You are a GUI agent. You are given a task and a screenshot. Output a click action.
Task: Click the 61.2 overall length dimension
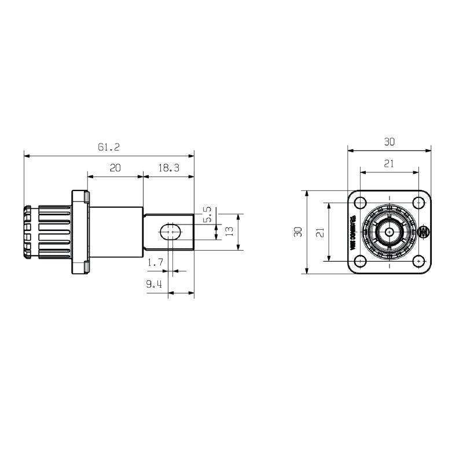click(108, 148)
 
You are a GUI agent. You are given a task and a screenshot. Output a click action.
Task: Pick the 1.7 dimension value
click(155, 263)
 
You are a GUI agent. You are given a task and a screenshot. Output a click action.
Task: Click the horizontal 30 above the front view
click(389, 141)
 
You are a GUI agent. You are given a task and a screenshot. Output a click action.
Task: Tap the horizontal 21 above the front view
click(389, 164)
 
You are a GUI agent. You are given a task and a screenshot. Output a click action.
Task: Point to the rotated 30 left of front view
click(297, 232)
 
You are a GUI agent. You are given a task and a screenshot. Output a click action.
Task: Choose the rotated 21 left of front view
click(319, 232)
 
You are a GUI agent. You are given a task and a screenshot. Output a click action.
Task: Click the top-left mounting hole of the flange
click(361, 203)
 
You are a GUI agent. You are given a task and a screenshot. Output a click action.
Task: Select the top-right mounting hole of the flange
click(418, 203)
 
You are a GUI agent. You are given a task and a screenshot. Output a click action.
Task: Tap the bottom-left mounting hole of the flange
click(361, 261)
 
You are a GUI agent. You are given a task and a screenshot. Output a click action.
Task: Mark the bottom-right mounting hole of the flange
click(418, 261)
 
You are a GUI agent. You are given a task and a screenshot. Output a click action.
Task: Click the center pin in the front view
click(389, 232)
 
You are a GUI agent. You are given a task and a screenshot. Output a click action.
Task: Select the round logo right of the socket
click(425, 233)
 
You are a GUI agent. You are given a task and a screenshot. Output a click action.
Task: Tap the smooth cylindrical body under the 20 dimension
click(116, 232)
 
